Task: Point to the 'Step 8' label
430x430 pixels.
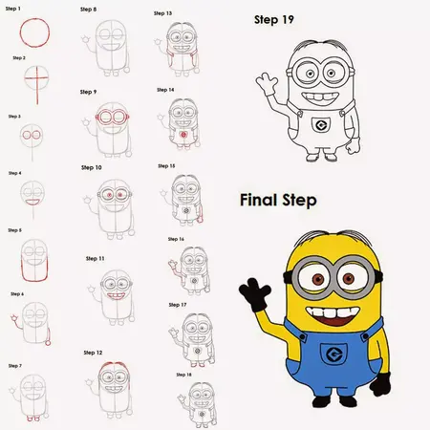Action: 88,10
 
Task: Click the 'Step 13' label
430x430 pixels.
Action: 163,14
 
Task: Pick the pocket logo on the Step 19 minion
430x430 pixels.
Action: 321,125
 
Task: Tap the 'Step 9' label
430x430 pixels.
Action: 88,92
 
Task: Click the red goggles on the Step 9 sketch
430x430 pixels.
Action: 112,120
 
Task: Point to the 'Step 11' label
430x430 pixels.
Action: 95,258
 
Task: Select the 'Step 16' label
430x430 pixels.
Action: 175,239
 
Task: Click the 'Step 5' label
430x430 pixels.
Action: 14,230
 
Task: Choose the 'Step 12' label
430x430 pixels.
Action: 93,353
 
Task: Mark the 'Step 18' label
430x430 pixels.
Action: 183,374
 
